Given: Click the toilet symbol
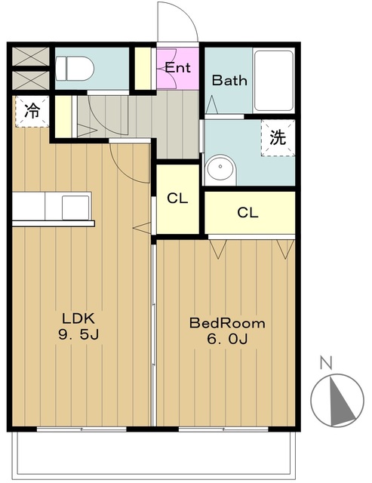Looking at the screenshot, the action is click(75, 69).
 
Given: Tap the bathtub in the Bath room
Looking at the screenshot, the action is click(273, 81).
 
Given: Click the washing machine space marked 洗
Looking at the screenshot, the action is click(278, 137).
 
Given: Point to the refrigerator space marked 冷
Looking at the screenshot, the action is click(32, 111).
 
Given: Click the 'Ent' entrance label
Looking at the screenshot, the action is click(177, 68).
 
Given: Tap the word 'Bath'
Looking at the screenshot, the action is click(229, 81).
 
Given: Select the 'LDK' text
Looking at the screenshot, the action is click(78, 318).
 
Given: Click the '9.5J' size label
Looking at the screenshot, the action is click(78, 334).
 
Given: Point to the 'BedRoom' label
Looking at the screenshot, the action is click(227, 323).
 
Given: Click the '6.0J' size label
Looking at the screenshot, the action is click(227, 339).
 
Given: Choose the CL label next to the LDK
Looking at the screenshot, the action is click(177, 198).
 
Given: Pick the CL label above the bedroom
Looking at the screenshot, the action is click(248, 213).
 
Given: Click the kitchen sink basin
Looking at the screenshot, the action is click(75, 208).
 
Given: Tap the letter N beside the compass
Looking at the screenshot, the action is click(326, 363).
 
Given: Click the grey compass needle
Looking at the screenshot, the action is click(340, 401).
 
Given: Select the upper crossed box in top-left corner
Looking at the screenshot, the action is click(30, 57).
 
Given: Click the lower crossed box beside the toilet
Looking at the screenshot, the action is click(30, 81).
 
